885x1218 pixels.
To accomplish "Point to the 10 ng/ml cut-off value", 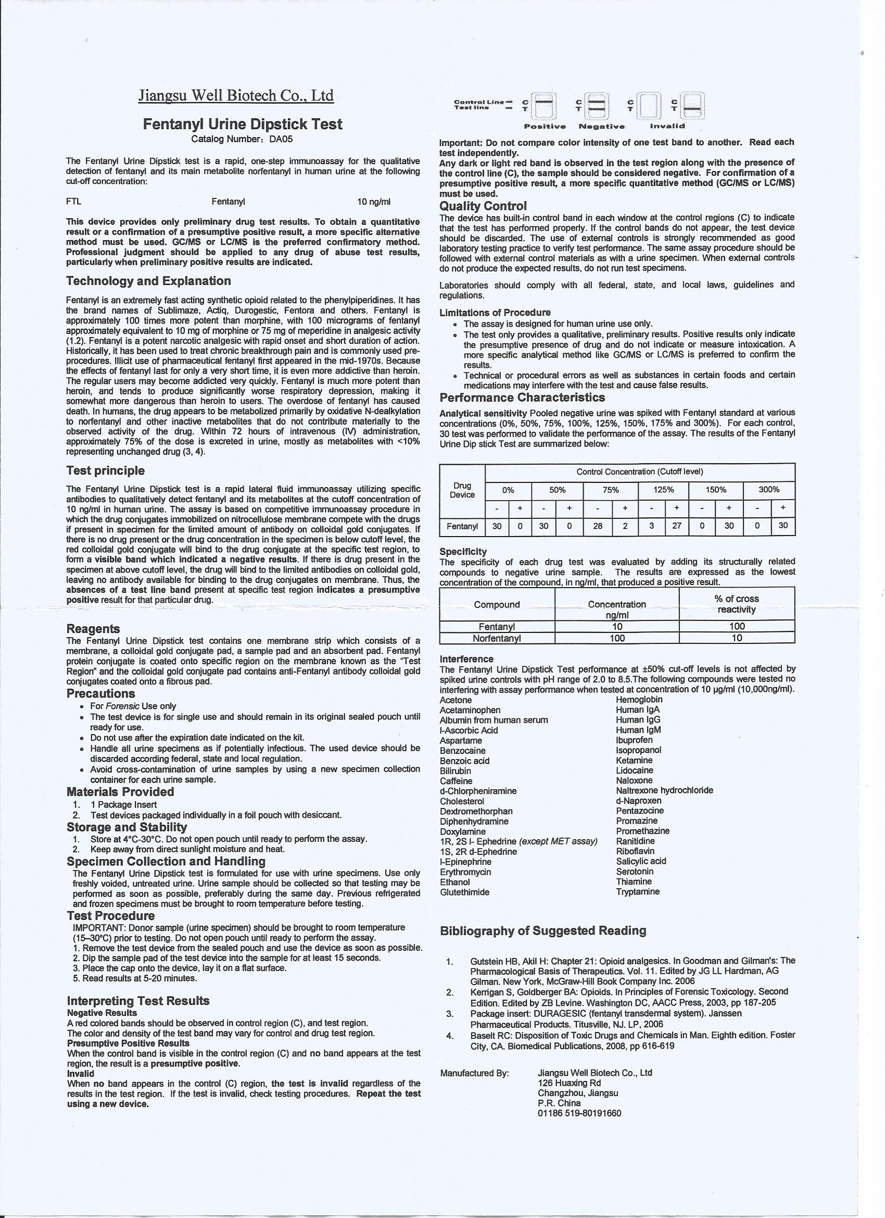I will (374, 202).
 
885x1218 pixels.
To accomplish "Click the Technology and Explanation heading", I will (149, 281).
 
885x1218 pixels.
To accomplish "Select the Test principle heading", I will (105, 470).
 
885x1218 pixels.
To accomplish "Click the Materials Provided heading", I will (120, 791).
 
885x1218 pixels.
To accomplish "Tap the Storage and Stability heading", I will (127, 827).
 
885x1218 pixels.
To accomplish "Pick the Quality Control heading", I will (483, 206).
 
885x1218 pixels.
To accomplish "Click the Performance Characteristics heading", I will (522, 397).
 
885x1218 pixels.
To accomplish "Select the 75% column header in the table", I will (611, 490).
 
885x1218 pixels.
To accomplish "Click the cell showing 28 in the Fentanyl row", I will (598, 526).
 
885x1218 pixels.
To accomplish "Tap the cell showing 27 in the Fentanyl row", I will (677, 526).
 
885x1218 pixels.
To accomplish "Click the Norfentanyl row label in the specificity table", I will (497, 638).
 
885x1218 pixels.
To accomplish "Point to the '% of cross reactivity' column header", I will (737, 604).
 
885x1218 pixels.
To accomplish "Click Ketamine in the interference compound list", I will (635, 761).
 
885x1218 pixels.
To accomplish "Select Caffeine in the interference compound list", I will (456, 781).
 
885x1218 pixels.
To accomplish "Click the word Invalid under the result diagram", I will (667, 127).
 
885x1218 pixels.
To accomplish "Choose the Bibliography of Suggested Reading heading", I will (543, 930).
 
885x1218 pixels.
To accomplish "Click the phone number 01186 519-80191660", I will (579, 1113).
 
